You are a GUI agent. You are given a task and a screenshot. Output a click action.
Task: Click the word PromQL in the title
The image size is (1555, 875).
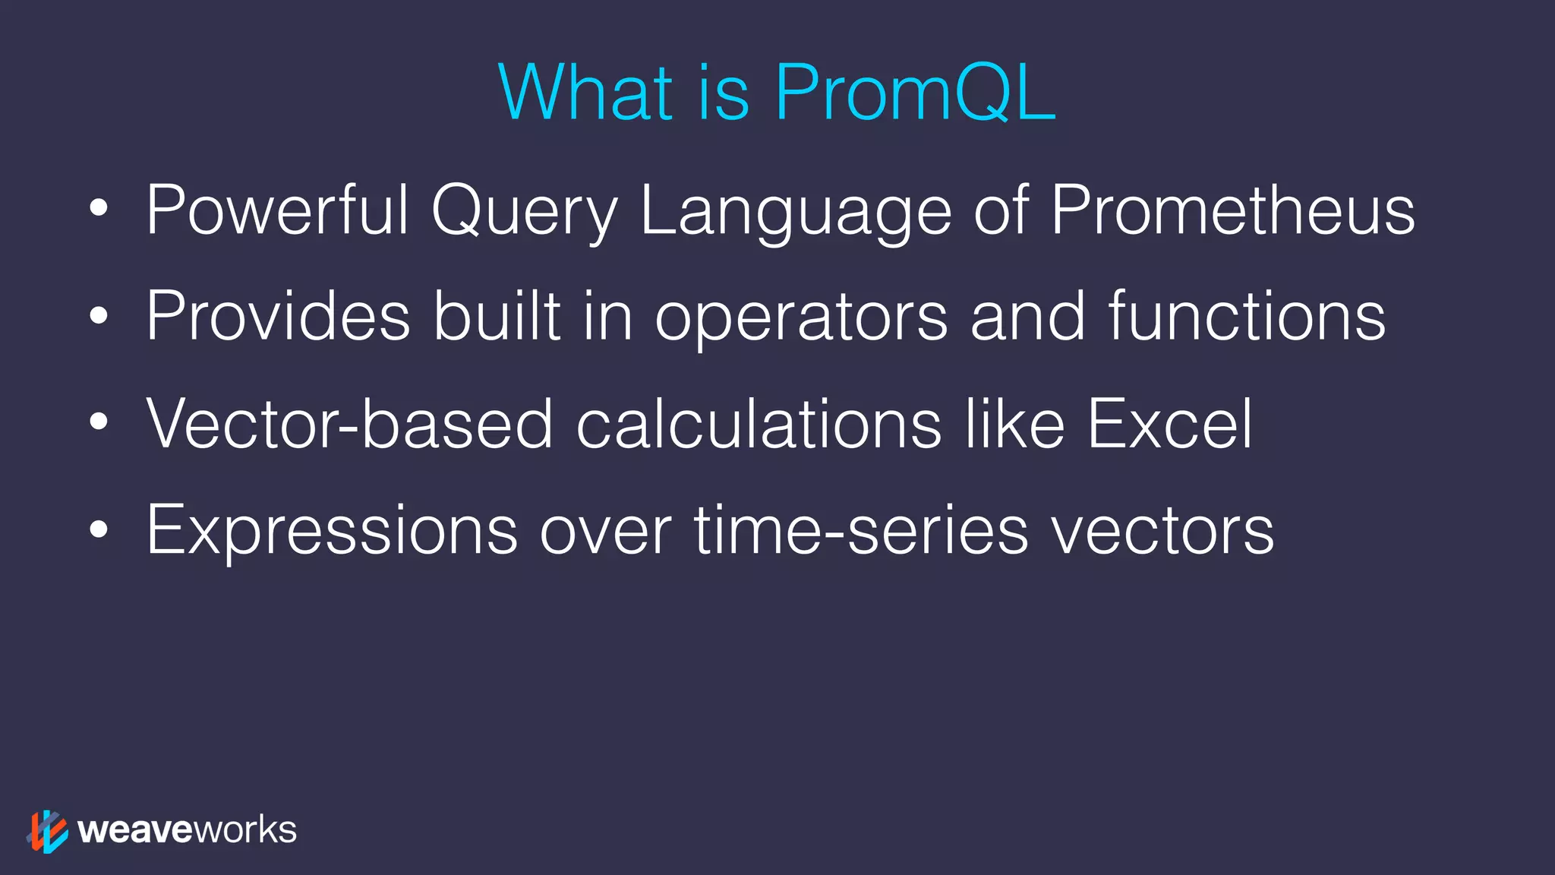click(x=915, y=93)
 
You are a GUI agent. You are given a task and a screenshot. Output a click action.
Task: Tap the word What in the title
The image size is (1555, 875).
click(x=585, y=93)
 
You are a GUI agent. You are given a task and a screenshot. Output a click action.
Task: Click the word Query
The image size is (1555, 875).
click(x=525, y=213)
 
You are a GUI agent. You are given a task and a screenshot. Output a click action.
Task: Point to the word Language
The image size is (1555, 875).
click(x=796, y=213)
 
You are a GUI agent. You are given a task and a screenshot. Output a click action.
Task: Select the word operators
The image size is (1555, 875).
click(x=801, y=319)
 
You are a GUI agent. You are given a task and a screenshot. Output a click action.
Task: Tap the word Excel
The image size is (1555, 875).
click(x=1169, y=424)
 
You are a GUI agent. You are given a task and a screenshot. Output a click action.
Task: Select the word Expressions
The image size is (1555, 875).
click(x=332, y=532)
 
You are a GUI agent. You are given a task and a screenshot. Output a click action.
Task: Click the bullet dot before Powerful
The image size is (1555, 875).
click(x=99, y=208)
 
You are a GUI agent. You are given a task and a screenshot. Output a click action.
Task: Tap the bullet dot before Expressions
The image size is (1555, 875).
click(x=99, y=530)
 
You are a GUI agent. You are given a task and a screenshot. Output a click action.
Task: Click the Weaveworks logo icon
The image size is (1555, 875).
click(x=47, y=831)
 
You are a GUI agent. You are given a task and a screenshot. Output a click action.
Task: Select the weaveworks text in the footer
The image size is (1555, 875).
click(x=187, y=830)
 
